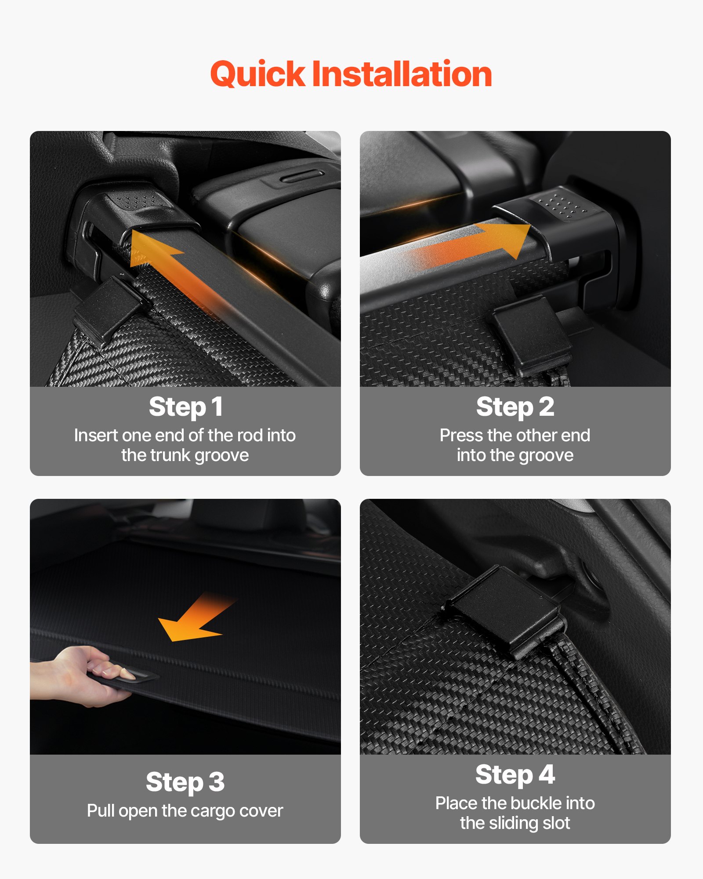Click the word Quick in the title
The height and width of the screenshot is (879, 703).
click(257, 74)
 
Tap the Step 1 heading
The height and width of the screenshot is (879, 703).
click(185, 407)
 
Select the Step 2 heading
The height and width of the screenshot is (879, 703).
click(515, 407)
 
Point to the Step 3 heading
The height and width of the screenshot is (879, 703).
click(185, 782)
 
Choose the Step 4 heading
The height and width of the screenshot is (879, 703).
click(515, 774)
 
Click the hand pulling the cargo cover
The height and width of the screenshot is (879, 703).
click(88, 672)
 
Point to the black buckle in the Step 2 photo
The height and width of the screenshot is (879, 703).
click(532, 334)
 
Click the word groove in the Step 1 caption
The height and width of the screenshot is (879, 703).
click(221, 455)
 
